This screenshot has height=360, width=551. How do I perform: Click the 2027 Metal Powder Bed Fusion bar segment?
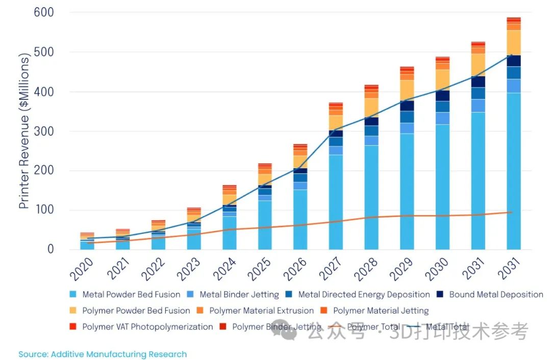point(336,201)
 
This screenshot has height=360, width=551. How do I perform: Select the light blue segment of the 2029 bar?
point(407,191)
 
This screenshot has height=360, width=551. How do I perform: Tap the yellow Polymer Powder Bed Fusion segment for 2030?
point(442,80)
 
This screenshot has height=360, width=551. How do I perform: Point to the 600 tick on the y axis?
point(44,12)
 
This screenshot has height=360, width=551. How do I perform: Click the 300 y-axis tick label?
point(44,131)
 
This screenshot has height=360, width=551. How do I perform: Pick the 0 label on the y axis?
point(51,249)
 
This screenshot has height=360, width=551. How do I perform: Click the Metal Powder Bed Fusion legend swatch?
point(73,295)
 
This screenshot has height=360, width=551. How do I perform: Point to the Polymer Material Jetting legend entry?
point(381,311)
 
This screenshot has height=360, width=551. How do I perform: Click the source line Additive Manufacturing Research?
point(103,354)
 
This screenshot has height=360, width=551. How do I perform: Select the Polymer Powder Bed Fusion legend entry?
point(136,311)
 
